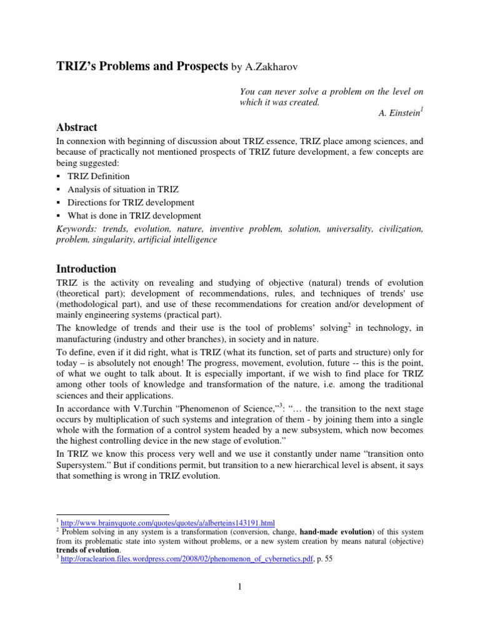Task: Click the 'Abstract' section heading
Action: coord(77,127)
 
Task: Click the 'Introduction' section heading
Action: coord(86,269)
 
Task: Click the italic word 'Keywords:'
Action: coord(76,229)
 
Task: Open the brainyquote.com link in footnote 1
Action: coord(167,522)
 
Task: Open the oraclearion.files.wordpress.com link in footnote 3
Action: coord(191,559)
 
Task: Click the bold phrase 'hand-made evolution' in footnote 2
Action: coord(337,532)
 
